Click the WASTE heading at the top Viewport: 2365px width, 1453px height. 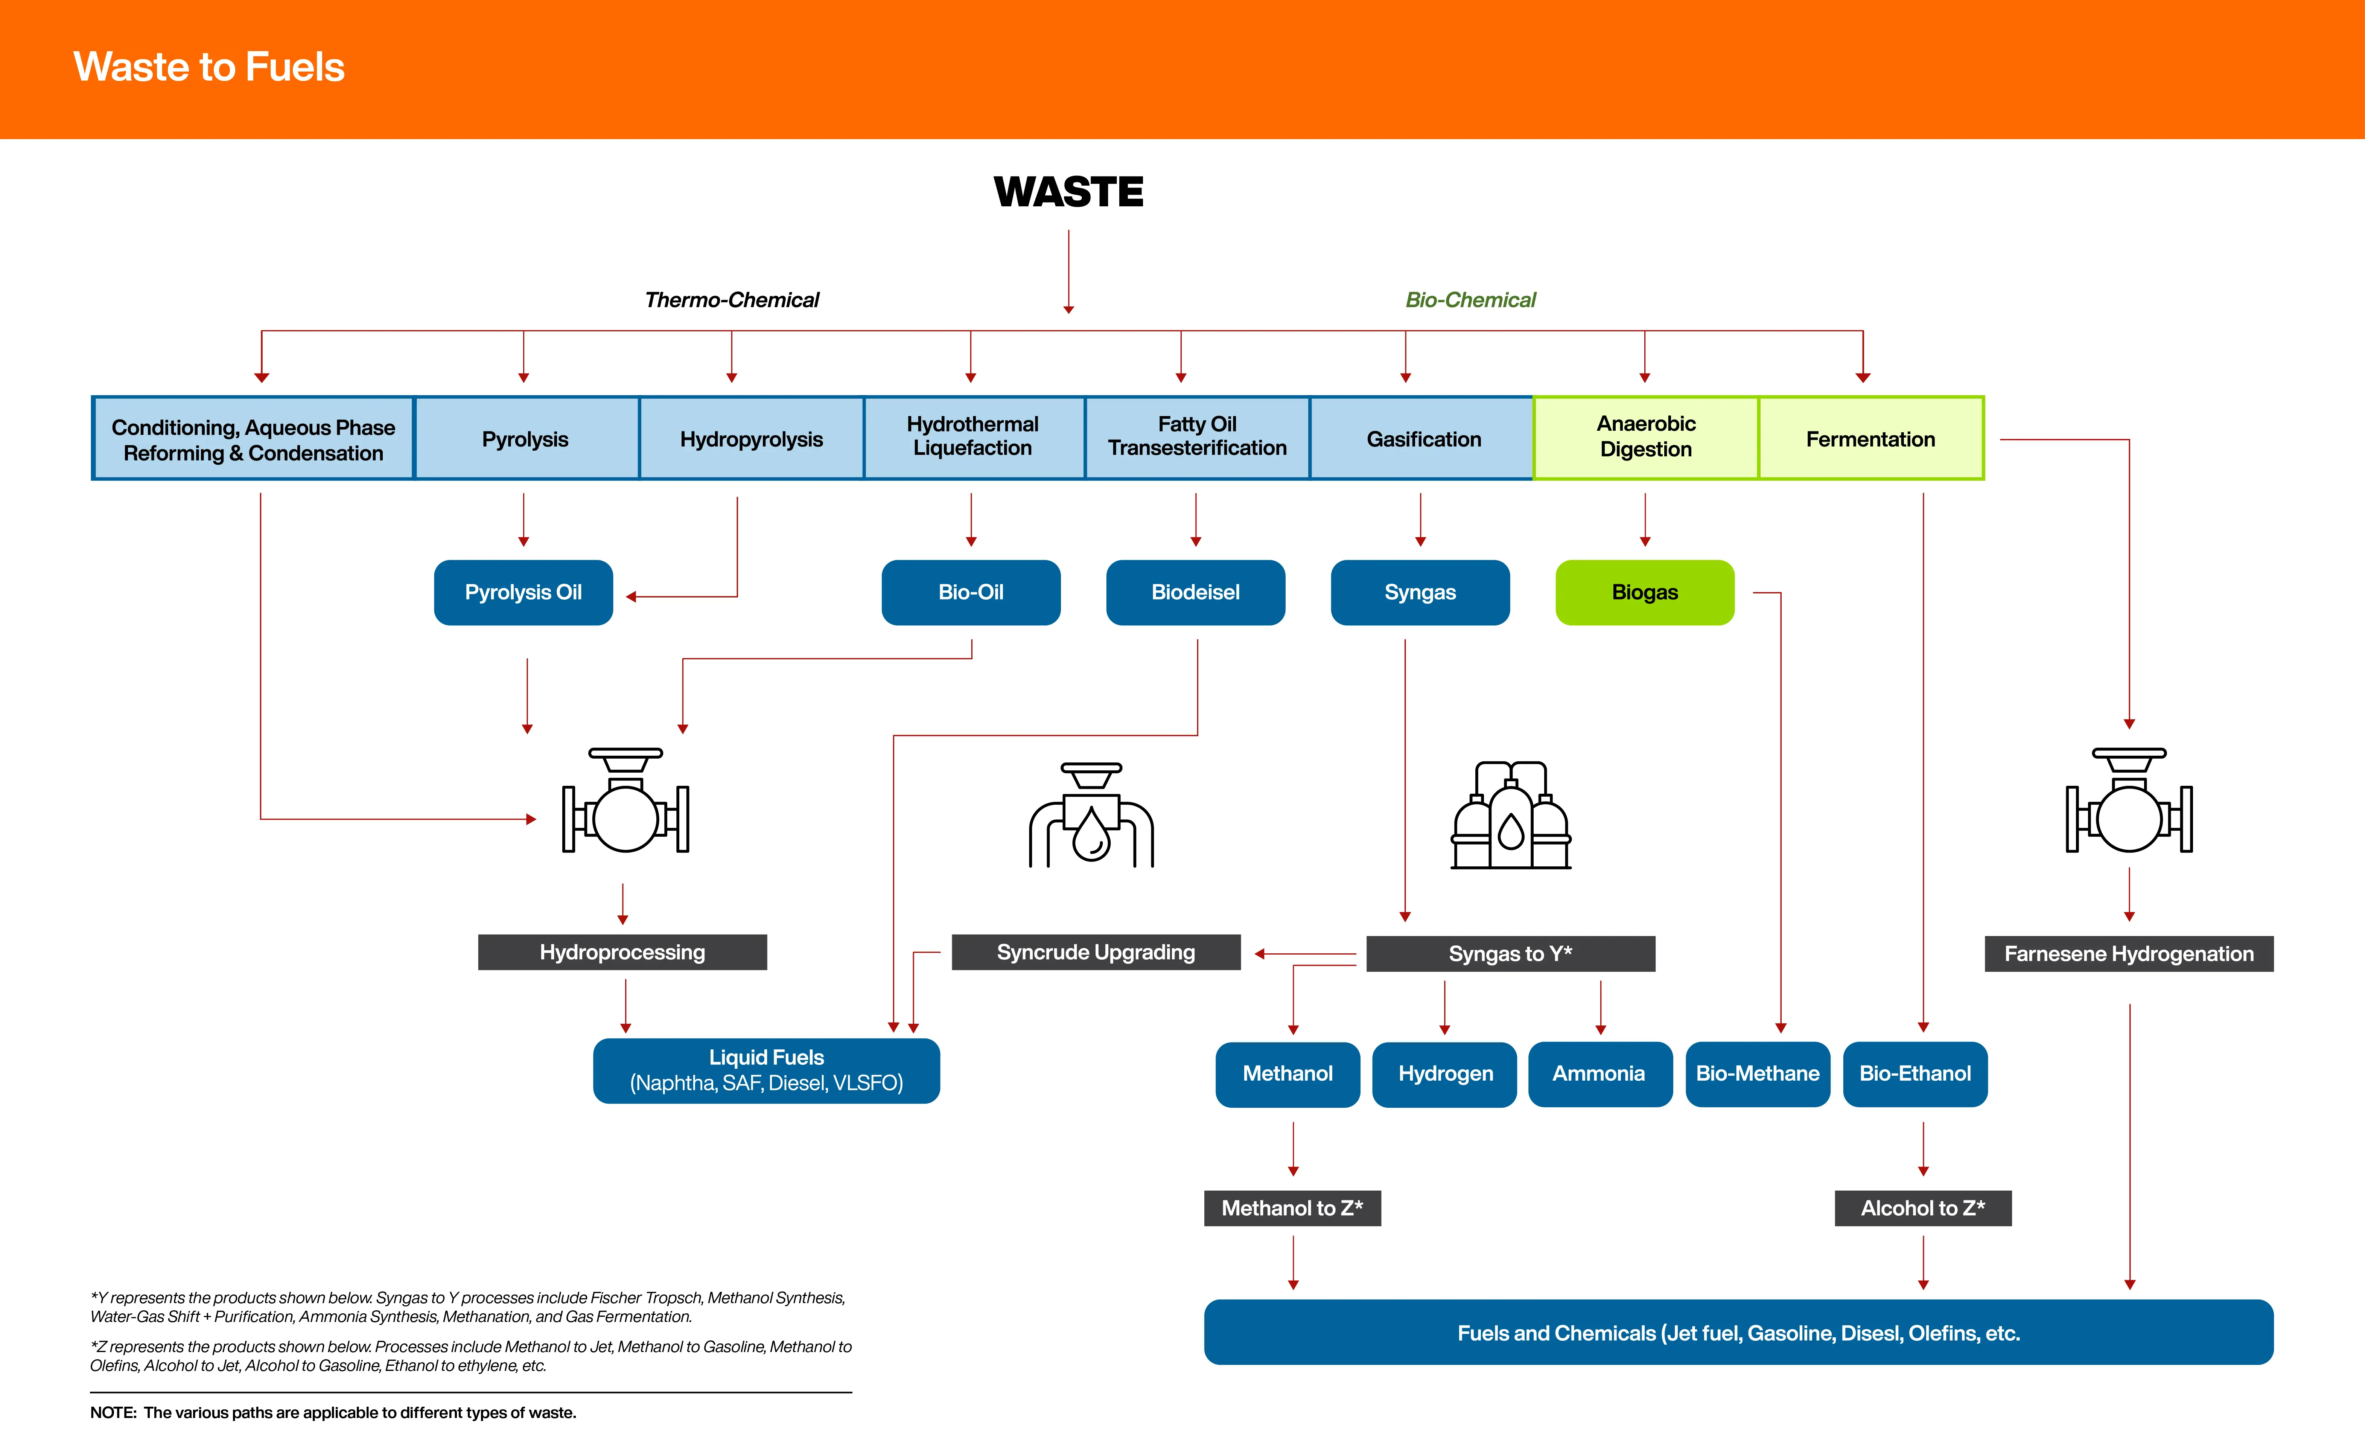point(1068,192)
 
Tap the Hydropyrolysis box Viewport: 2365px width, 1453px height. point(751,438)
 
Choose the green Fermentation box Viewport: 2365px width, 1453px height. point(1870,438)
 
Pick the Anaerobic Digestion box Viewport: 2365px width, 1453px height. point(1645,438)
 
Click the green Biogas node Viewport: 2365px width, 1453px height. point(1645,592)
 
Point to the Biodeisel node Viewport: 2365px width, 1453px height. point(1196,592)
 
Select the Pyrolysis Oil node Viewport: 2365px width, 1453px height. point(524,592)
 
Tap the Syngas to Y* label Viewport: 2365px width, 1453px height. point(1510,953)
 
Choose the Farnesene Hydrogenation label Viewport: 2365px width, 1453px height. point(2129,953)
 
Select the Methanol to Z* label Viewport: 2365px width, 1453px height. point(1292,1208)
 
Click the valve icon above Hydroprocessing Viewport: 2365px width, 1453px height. point(625,799)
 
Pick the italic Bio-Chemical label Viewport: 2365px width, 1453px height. point(1471,300)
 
